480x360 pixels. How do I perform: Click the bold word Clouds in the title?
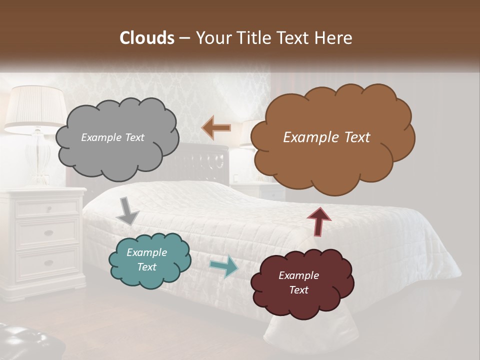pyautogui.click(x=146, y=38)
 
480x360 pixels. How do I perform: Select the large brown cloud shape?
pyautogui.click(x=332, y=160)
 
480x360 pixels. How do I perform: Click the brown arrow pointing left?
pyautogui.click(x=216, y=128)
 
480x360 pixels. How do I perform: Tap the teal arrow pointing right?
pyautogui.click(x=223, y=266)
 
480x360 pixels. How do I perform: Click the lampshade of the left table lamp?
pyautogui.click(x=35, y=107)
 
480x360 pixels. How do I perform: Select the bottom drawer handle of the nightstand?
pyautogui.click(x=48, y=262)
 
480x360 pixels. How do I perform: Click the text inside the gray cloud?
pyautogui.click(x=112, y=137)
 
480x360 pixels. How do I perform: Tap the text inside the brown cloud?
pyautogui.click(x=326, y=137)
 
